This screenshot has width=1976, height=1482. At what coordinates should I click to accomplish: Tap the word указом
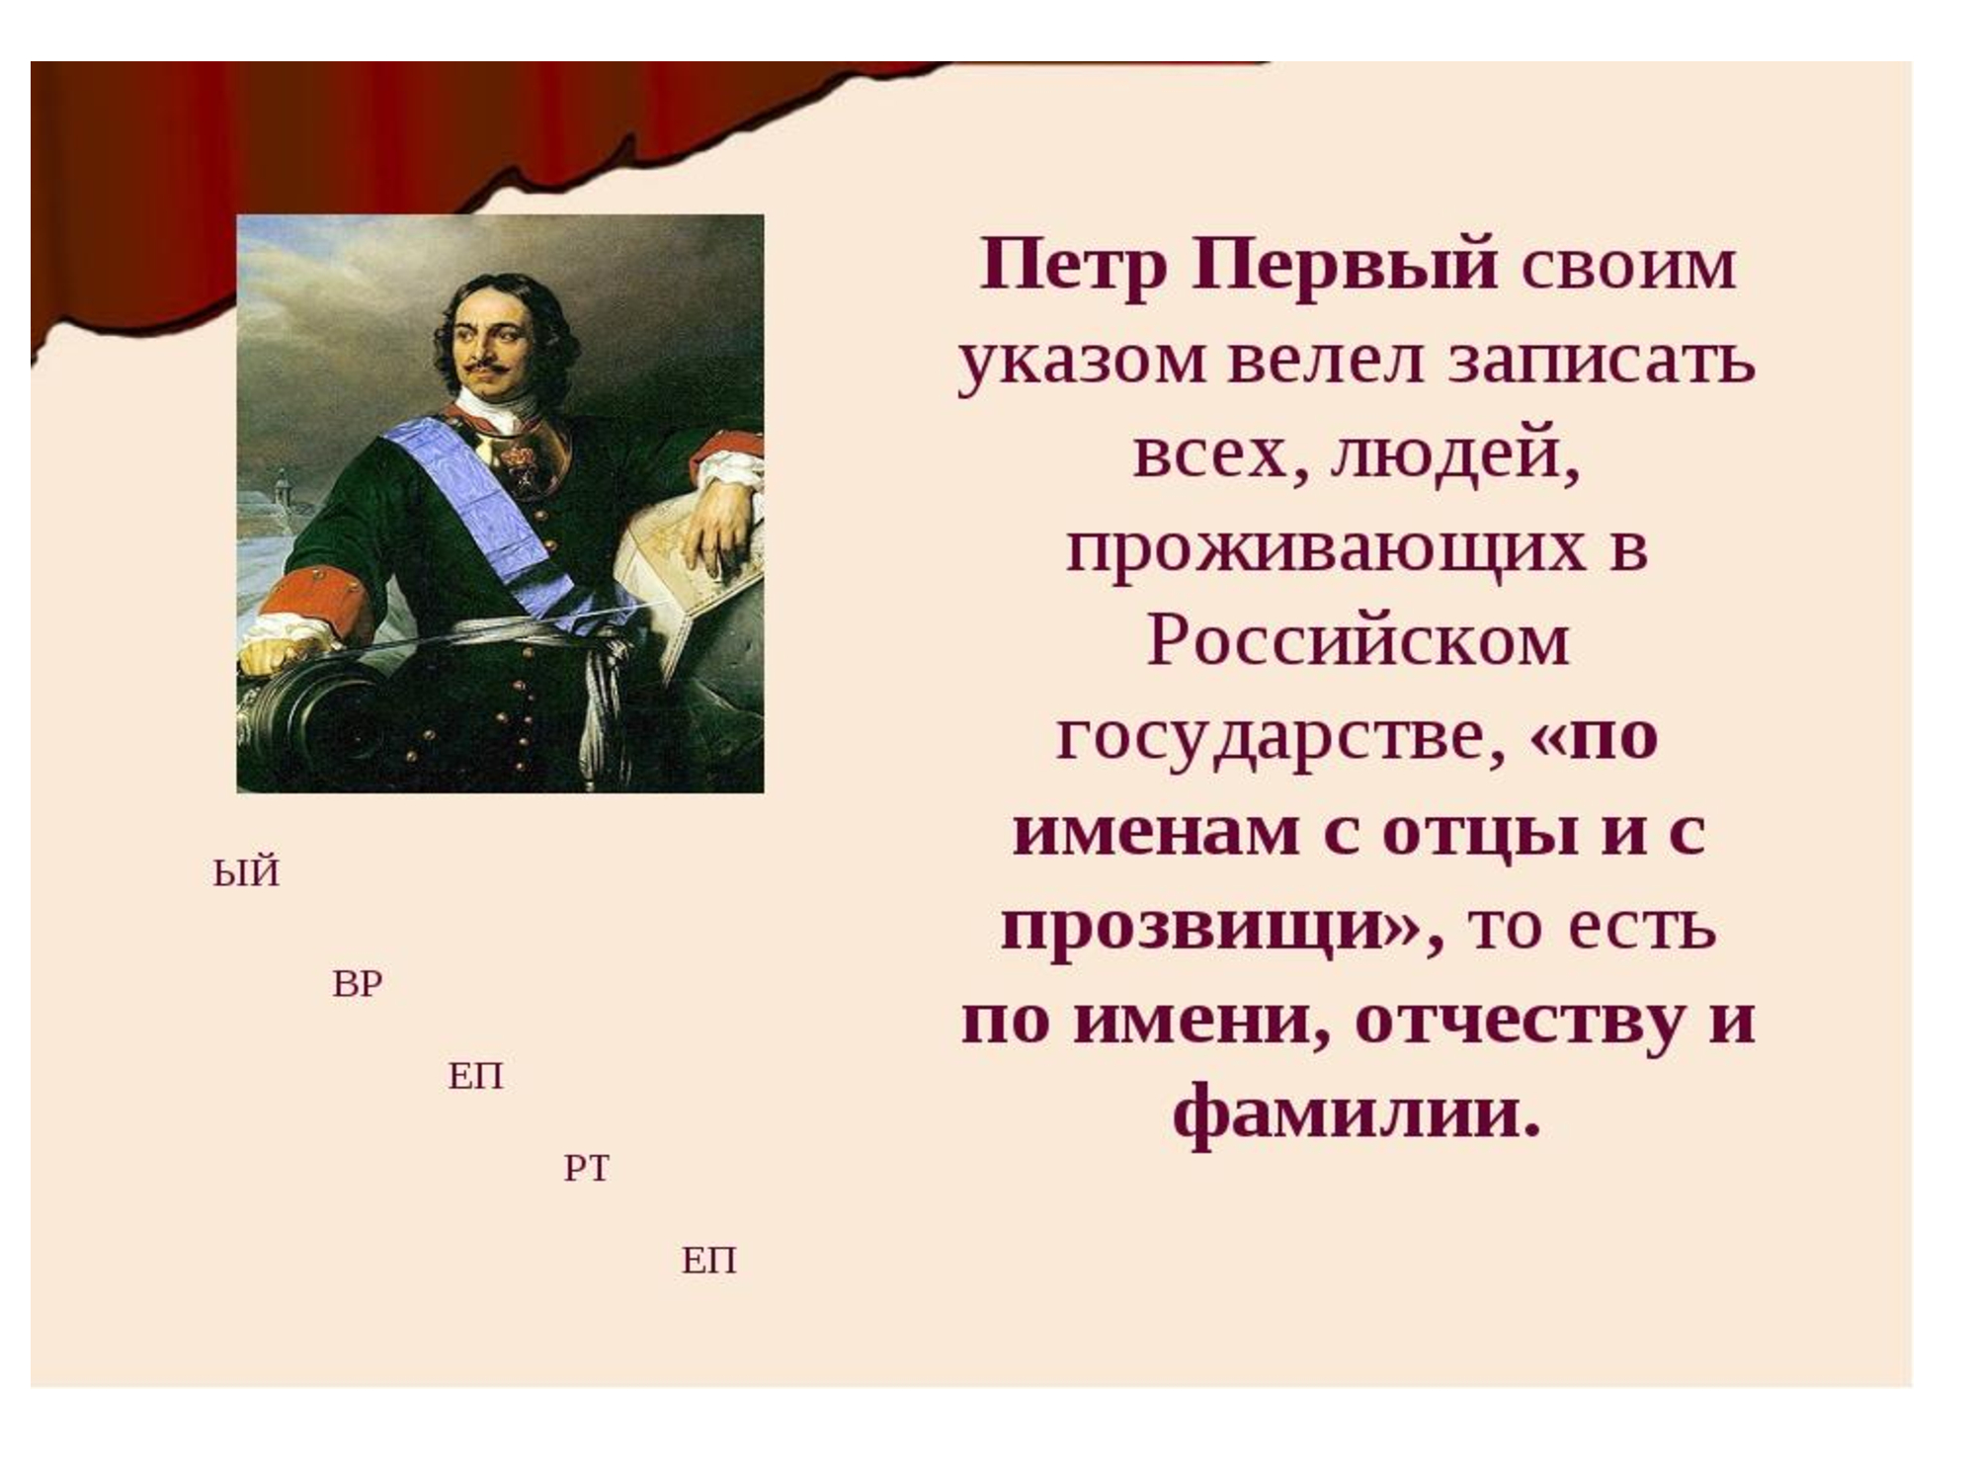click(1082, 362)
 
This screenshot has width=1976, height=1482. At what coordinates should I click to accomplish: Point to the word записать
click(1602, 360)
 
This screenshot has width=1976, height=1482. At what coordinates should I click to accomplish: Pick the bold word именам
click(1156, 832)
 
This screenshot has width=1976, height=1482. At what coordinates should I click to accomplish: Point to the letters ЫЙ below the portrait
click(246, 873)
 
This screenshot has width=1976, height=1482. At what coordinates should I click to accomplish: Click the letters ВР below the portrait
click(358, 984)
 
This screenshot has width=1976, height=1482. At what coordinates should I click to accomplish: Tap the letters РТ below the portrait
click(587, 1169)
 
